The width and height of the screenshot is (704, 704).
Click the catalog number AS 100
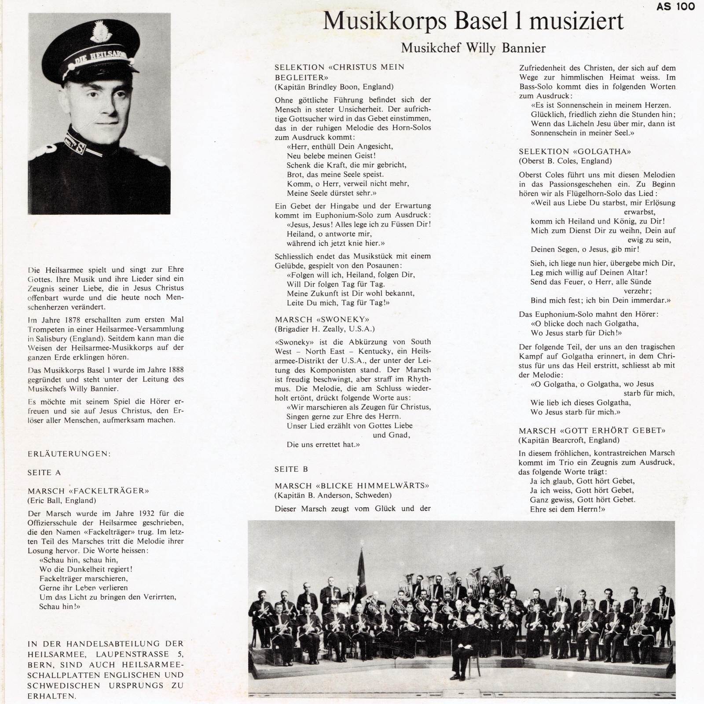pyautogui.click(x=675, y=7)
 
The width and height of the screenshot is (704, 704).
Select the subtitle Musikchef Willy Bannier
pyautogui.click(x=473, y=48)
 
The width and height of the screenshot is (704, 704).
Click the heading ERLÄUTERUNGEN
pyautogui.click(x=70, y=454)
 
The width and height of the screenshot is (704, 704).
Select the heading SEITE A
pyautogui.click(x=44, y=473)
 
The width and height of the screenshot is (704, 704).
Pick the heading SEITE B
pyautogui.click(x=291, y=469)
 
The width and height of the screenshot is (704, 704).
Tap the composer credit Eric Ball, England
pyautogui.click(x=62, y=500)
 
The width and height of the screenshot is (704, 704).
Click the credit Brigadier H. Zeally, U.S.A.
pyautogui.click(x=325, y=329)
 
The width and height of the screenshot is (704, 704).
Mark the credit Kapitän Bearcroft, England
pyautogui.click(x=569, y=440)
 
